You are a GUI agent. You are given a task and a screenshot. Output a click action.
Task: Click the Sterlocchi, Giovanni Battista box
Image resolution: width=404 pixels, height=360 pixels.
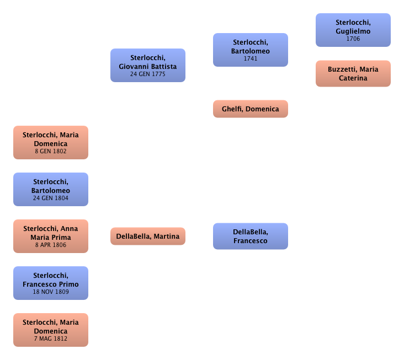pyautogui.click(x=147, y=65)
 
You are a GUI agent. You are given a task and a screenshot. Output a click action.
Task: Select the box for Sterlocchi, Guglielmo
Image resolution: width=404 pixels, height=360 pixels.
pyautogui.click(x=353, y=30)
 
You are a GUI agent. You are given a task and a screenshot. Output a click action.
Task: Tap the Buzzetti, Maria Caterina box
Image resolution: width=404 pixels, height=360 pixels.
pyautogui.click(x=353, y=73)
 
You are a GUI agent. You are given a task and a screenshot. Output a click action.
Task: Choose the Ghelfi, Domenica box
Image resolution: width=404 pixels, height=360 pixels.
pyautogui.click(x=251, y=109)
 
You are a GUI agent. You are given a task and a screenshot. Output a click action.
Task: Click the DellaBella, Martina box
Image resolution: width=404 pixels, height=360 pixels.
pyautogui.click(x=147, y=237)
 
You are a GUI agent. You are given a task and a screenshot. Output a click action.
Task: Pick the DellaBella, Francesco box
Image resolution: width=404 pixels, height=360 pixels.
pyautogui.click(x=251, y=237)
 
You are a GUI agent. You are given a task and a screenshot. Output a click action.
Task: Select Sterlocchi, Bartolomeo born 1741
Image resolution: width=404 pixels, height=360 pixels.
pyautogui.click(x=251, y=50)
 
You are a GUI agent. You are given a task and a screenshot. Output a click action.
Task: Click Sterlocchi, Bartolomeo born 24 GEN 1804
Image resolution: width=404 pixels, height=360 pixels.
pyautogui.click(x=51, y=189)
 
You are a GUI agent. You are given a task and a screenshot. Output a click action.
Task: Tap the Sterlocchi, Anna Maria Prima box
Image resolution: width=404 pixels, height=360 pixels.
pyautogui.click(x=51, y=236)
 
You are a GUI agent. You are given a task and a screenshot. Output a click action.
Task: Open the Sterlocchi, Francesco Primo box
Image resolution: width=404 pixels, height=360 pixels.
pyautogui.click(x=51, y=283)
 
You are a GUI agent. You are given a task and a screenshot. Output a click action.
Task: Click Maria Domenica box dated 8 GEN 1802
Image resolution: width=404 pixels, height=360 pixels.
pyautogui.click(x=51, y=142)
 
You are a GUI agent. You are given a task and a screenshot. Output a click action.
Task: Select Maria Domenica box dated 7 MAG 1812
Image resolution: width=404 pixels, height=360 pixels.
pyautogui.click(x=51, y=330)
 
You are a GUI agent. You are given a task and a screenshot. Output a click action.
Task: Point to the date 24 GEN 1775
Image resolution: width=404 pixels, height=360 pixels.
pyautogui.click(x=147, y=74)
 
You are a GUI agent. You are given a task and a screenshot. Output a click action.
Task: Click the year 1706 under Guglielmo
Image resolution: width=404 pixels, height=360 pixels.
pyautogui.click(x=353, y=39)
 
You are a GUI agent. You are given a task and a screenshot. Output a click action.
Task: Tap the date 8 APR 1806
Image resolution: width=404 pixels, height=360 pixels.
pyautogui.click(x=51, y=245)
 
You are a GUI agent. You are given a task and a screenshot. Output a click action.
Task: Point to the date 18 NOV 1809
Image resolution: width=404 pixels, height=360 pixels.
pyautogui.click(x=51, y=292)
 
